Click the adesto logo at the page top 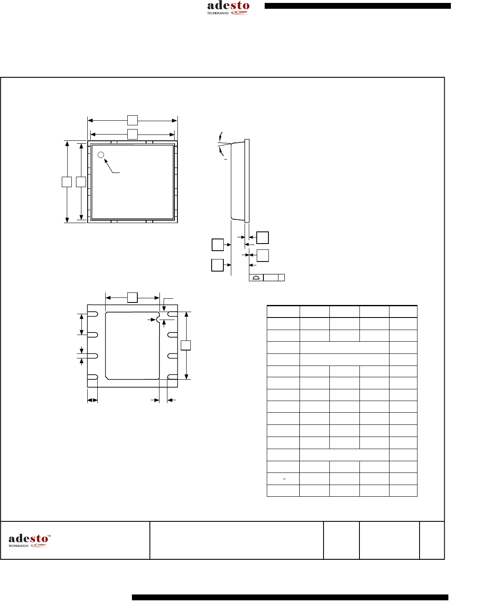click(x=228, y=8)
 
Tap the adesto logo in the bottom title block click(x=29, y=541)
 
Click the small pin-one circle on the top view click(x=101, y=155)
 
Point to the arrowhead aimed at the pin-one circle click(x=106, y=161)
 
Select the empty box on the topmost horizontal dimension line click(x=132, y=120)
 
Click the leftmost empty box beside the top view click(x=67, y=182)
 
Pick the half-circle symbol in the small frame click(x=256, y=277)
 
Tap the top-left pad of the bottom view click(x=92, y=314)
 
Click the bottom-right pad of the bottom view click(x=172, y=377)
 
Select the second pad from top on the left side click(x=92, y=335)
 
